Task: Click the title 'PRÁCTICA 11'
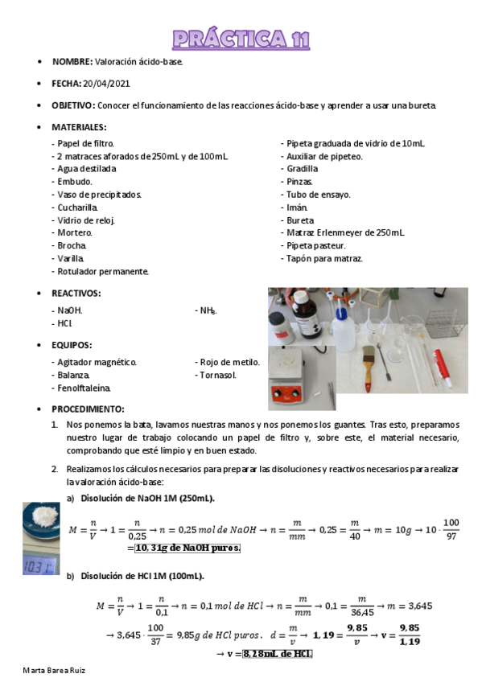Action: pyautogui.click(x=241, y=39)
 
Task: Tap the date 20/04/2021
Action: pyautogui.click(x=106, y=84)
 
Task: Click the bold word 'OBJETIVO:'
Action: pyautogui.click(x=73, y=105)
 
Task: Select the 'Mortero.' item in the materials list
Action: pyautogui.click(x=75, y=232)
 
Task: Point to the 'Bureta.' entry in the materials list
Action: pyautogui.click(x=300, y=220)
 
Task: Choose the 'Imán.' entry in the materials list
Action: pyautogui.click(x=297, y=207)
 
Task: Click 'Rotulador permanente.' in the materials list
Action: pyautogui.click(x=103, y=271)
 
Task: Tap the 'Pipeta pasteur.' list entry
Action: pyautogui.click(x=316, y=245)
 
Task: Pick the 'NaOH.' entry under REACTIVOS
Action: pyautogui.click(x=69, y=310)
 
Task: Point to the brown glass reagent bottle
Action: pyautogui.click(x=301, y=310)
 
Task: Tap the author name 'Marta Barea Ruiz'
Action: pyautogui.click(x=54, y=670)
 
